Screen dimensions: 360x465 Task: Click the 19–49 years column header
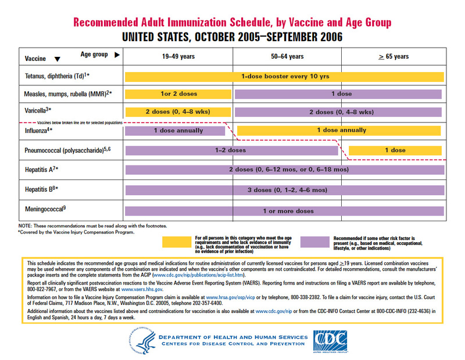[x=178, y=56]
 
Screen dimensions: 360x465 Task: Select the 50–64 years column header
[x=287, y=56]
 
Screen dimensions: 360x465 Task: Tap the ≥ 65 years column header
[x=394, y=56]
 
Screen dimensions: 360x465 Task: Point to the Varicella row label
[x=38, y=110]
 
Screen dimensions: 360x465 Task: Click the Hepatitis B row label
[x=43, y=189]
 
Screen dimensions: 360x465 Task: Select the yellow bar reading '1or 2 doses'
[x=178, y=93]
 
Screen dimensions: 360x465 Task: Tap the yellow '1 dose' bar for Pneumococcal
[x=395, y=150]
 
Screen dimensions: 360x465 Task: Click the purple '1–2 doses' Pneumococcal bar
[x=232, y=150]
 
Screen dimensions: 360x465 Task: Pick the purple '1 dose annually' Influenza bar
[x=178, y=131]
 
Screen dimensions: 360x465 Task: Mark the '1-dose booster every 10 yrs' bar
[x=285, y=76]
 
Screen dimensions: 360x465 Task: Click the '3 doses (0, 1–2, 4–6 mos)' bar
[x=285, y=190]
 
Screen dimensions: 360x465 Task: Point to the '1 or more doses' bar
[x=285, y=210]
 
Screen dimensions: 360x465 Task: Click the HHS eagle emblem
[x=143, y=341]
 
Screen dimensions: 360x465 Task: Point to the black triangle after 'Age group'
[x=117, y=55]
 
